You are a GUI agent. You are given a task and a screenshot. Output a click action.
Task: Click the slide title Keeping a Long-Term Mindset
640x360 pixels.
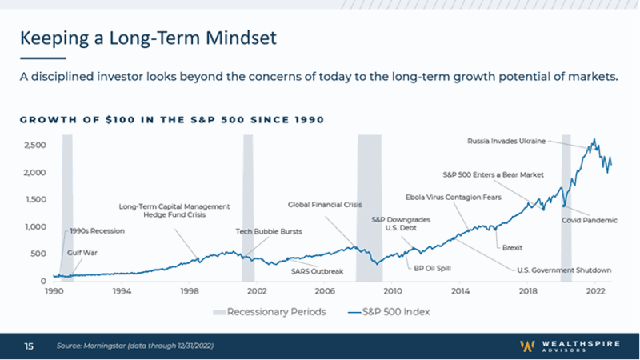(x=148, y=38)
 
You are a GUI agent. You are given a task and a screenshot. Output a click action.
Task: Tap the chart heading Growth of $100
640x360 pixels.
(x=171, y=120)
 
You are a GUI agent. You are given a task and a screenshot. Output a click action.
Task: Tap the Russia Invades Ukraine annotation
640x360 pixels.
(x=506, y=141)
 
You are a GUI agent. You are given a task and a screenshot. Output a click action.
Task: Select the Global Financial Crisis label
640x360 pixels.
(x=326, y=205)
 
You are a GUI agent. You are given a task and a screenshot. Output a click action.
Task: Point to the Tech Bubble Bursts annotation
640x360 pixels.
(x=269, y=231)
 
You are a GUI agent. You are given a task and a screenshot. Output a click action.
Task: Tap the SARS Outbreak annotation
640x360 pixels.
(x=317, y=271)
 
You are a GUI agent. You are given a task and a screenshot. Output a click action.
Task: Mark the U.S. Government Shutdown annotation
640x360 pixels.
(x=564, y=270)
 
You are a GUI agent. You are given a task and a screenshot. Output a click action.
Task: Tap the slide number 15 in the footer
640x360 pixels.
(x=28, y=346)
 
